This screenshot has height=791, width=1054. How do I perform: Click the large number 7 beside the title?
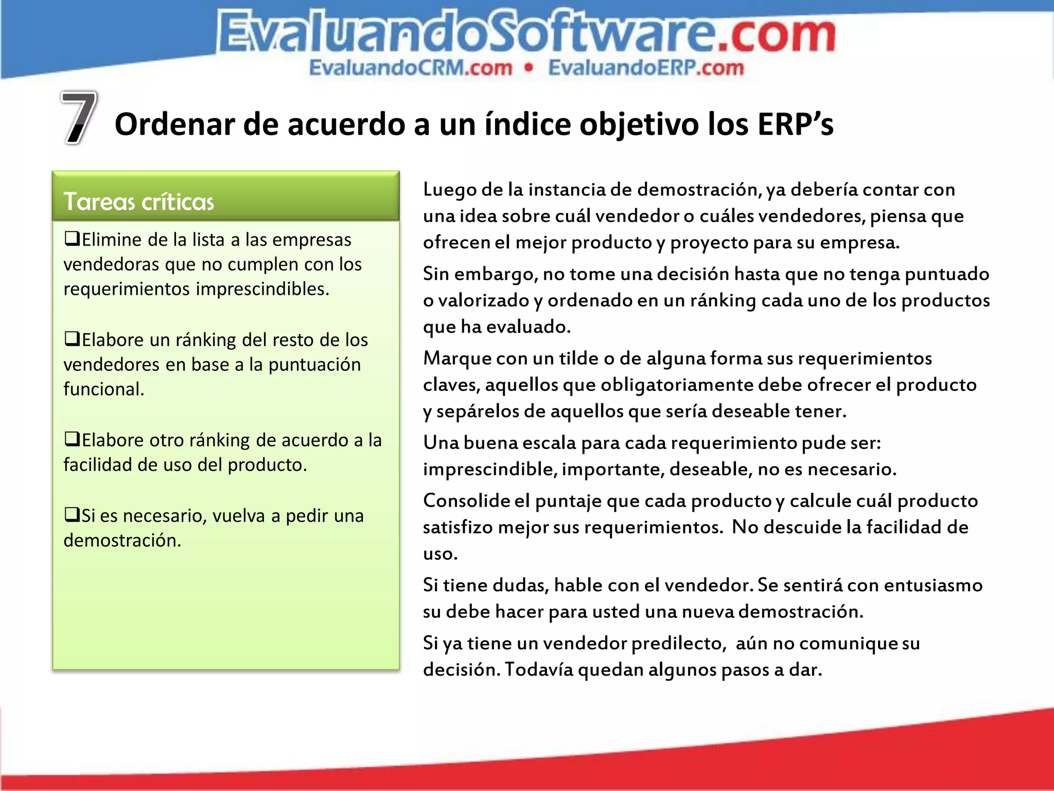coord(79,117)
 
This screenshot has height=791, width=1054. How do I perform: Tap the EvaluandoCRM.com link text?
coord(411,68)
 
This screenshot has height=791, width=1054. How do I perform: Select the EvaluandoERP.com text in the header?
coord(646,68)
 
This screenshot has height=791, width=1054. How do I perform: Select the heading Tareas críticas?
coord(138,201)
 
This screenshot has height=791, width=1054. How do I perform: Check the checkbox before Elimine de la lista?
coord(72,238)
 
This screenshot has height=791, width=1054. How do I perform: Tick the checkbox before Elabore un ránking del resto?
coord(72,339)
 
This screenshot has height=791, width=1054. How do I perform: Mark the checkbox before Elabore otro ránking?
coord(72,439)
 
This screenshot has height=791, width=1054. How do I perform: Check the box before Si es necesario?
coord(72,514)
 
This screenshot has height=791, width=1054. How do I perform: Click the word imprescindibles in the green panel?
coord(262,289)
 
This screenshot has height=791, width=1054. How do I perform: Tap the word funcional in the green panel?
coord(103,389)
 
